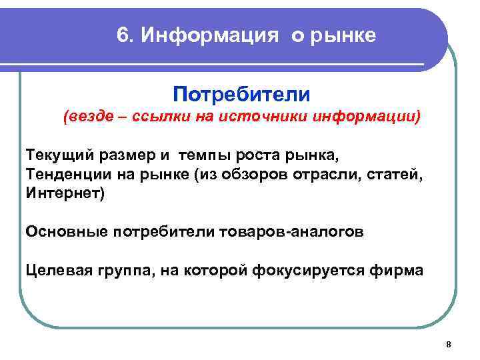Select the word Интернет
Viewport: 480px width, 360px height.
(63, 193)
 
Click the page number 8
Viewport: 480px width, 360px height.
(449, 344)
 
